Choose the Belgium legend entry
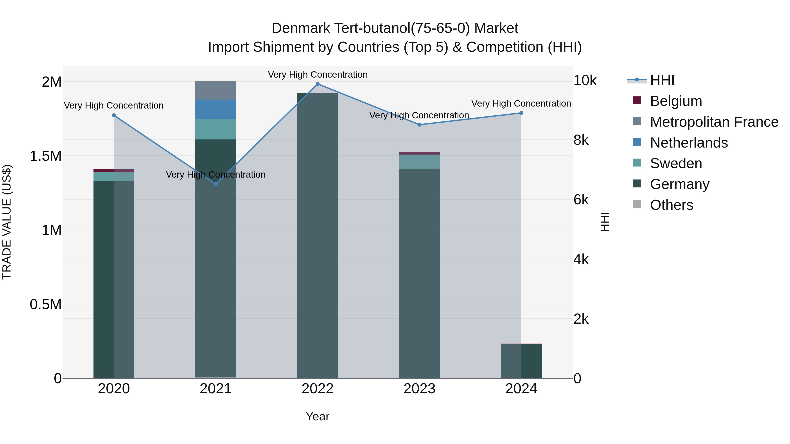coord(676,101)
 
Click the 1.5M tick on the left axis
coord(45,156)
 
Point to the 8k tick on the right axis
coord(581,140)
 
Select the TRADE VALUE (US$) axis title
coord(7,222)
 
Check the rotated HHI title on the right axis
coord(605,222)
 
